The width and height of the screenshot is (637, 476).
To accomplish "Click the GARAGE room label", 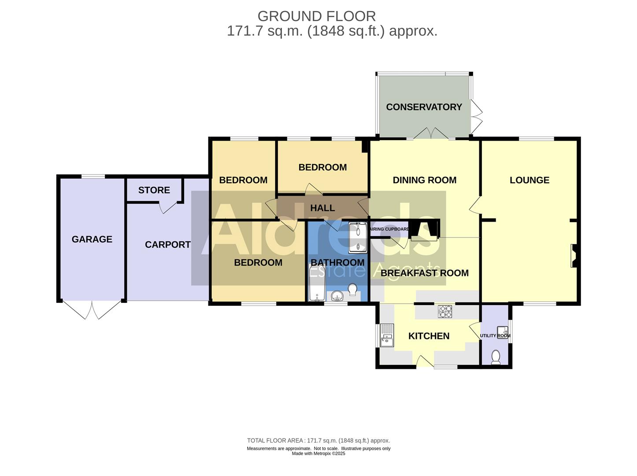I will click(92, 239).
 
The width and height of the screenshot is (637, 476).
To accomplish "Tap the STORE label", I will click(154, 190).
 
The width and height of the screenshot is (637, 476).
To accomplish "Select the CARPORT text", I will click(167, 245).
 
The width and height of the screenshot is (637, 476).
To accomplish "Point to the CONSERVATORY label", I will click(424, 107).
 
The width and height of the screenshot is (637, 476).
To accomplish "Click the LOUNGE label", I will click(529, 180).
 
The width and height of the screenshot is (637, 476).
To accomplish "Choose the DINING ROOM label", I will click(424, 180).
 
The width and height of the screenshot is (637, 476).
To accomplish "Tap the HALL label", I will click(322, 208).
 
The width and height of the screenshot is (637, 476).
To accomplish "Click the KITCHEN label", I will click(429, 336).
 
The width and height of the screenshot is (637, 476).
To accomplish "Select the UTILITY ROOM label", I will click(495, 336).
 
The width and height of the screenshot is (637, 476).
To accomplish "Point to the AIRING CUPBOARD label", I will click(389, 229).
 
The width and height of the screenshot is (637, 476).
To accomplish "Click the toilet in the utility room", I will click(496, 357).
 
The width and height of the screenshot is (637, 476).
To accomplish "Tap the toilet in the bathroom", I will click(352, 290).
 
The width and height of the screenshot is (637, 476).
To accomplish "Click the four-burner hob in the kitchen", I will click(445, 312).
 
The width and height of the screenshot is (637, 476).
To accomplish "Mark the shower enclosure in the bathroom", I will click(358, 238).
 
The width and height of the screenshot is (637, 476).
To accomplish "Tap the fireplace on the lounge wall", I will click(574, 256).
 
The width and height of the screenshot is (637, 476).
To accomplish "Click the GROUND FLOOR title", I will click(316, 16).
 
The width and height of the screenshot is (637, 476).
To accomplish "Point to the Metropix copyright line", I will click(318, 454).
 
